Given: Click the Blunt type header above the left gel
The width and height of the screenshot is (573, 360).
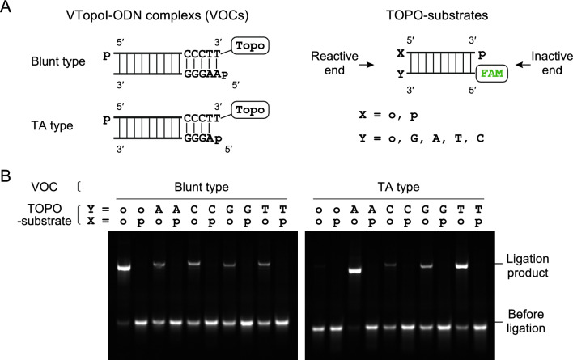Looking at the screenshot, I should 201,187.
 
